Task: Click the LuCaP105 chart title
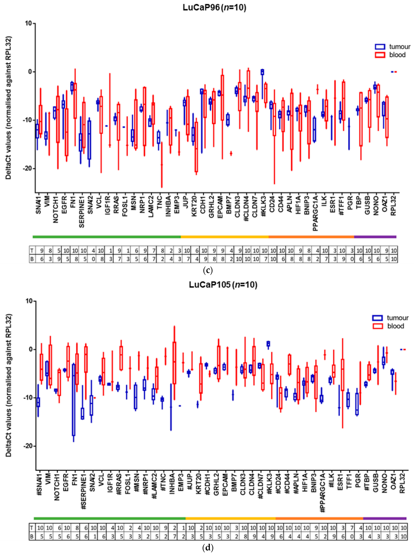pos(223,285)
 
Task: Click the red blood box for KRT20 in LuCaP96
pos(196,147)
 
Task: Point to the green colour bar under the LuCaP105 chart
pos(110,518)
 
